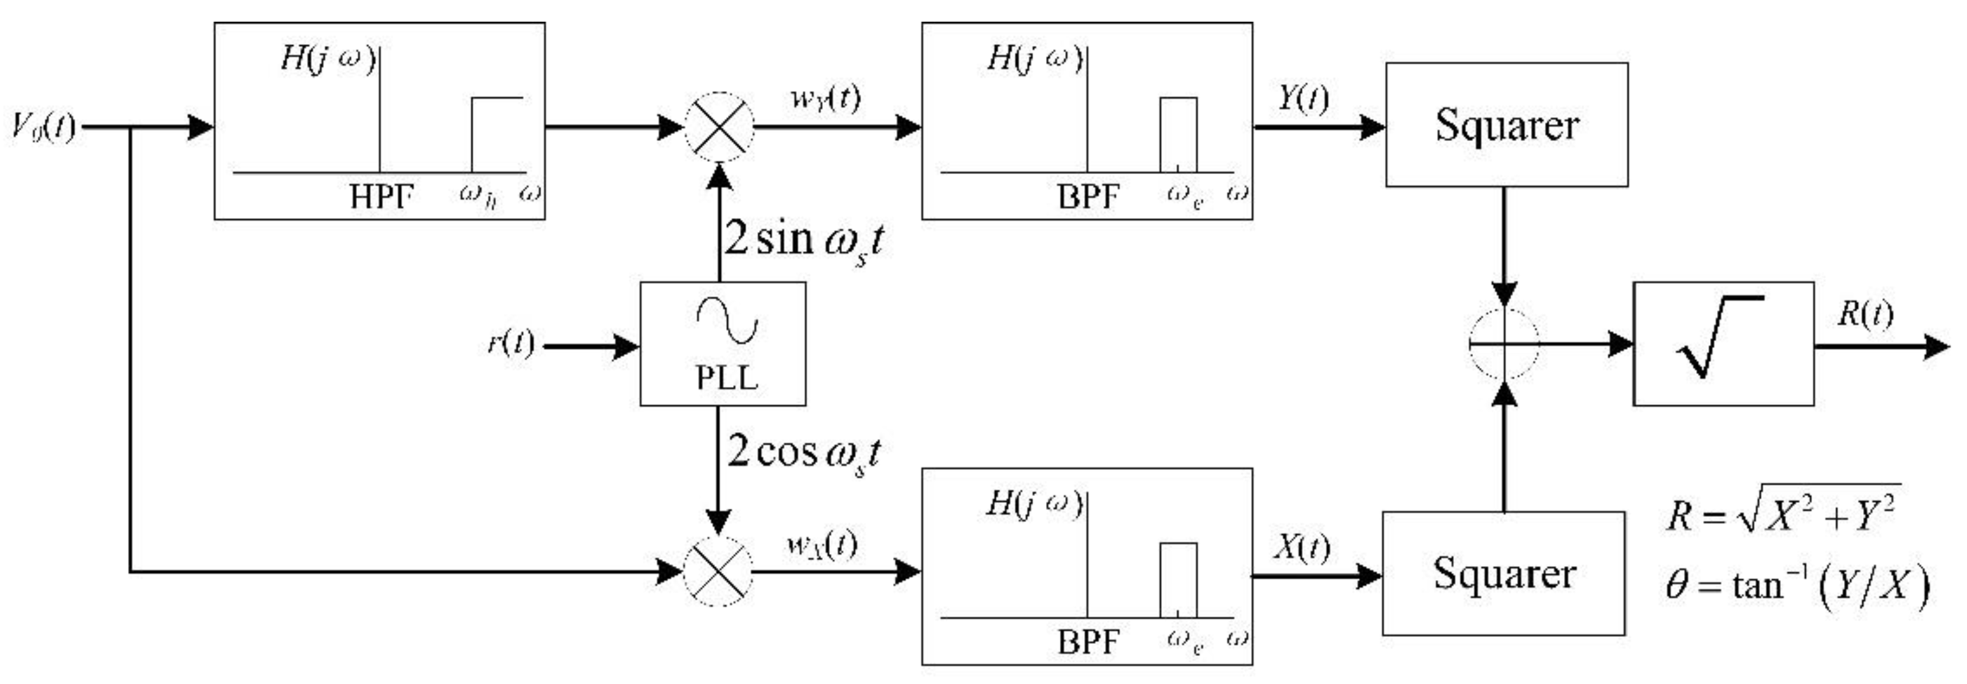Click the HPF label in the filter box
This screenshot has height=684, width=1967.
[381, 198]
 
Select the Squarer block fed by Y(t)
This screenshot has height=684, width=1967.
[1506, 125]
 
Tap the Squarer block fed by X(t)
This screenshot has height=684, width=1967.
[1503, 573]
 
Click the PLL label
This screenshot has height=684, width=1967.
[725, 377]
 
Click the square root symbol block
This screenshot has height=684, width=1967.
[1723, 344]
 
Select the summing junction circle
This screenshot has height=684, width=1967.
[1504, 344]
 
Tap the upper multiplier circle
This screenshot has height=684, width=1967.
[718, 127]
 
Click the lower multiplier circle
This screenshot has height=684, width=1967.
[717, 571]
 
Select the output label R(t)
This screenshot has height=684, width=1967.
[1864, 314]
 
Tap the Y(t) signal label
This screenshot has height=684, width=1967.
[1303, 98]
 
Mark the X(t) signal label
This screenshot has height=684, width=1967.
[1301, 546]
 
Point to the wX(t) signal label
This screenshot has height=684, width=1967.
[822, 544]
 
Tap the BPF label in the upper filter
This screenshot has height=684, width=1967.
[1087, 198]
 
